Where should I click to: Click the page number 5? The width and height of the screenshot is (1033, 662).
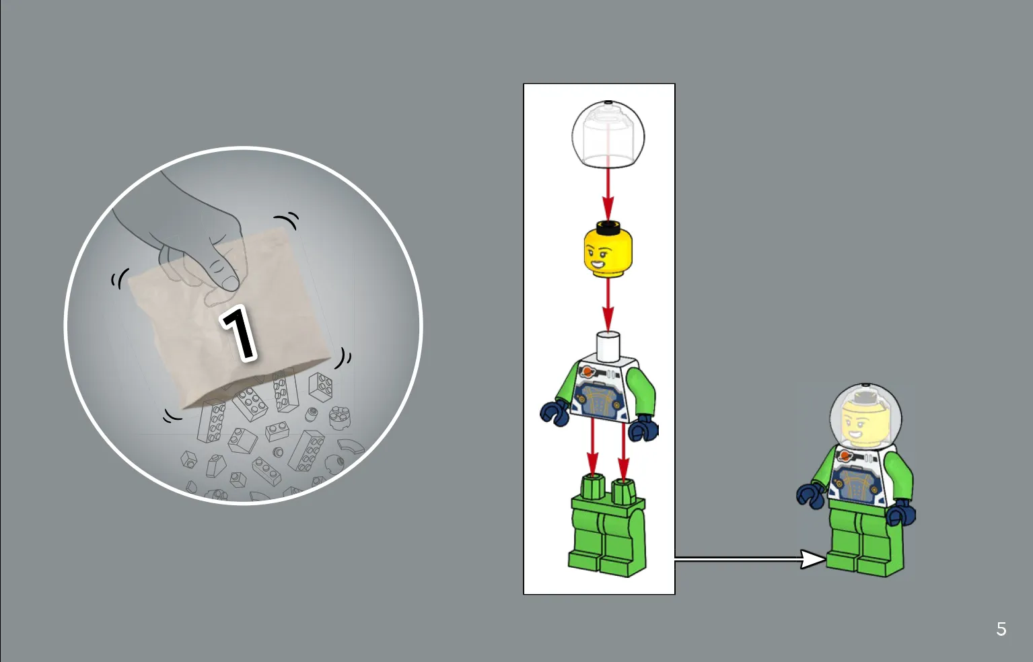pyautogui.click(x=1001, y=629)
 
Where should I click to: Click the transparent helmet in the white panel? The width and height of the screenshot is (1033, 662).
pyautogui.click(x=608, y=134)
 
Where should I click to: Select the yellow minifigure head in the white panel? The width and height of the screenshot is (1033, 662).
pyautogui.click(x=608, y=250)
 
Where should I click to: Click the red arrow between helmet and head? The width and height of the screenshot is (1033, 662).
pyautogui.click(x=608, y=194)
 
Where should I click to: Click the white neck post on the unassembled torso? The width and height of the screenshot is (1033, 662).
pyautogui.click(x=608, y=346)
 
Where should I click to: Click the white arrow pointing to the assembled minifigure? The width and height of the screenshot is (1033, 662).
pyautogui.click(x=750, y=559)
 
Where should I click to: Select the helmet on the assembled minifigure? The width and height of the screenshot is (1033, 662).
pyautogui.click(x=865, y=416)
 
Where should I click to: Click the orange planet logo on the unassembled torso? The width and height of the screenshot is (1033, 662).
pyautogui.click(x=587, y=371)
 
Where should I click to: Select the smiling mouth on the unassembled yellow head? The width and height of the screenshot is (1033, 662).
pyautogui.click(x=597, y=264)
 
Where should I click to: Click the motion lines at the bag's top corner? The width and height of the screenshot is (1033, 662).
pyautogui.click(x=287, y=220)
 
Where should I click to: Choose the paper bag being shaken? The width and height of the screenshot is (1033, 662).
pyautogui.click(x=229, y=318)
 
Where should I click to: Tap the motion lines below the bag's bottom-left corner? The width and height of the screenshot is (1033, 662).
pyautogui.click(x=172, y=416)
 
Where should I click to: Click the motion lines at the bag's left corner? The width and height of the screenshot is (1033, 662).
pyautogui.click(x=119, y=279)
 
